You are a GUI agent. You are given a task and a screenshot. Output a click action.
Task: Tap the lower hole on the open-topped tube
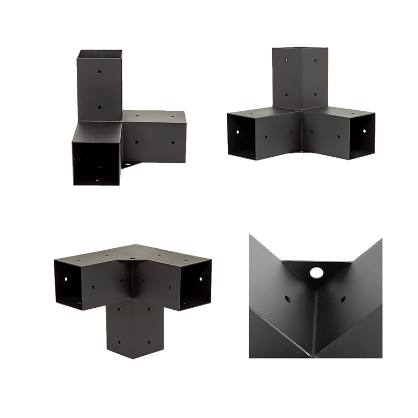[99, 106]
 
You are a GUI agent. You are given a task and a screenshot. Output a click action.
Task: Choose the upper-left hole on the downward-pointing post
[118, 310]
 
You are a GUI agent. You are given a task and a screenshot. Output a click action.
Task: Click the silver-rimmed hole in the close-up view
[316, 273]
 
